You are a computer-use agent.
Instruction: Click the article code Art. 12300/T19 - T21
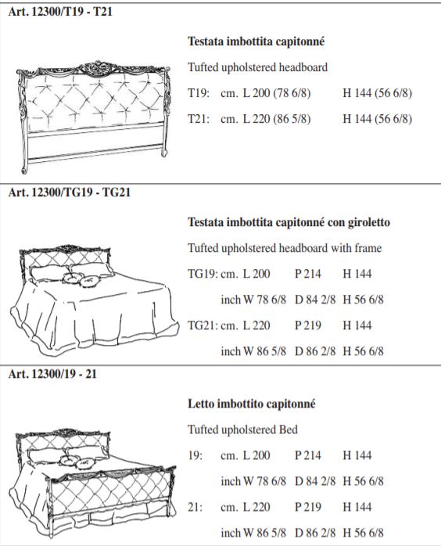(60, 12)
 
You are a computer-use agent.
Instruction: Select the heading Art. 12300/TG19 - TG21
(70, 192)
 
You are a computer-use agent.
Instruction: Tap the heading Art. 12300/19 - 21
(52, 374)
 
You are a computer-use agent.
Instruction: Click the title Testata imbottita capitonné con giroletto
(289, 222)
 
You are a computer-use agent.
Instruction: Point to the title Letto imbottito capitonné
(252, 404)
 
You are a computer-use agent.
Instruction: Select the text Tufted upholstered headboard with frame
(285, 248)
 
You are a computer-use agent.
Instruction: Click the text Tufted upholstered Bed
(242, 429)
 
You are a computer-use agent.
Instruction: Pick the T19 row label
(199, 93)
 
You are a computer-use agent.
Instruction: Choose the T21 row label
(199, 119)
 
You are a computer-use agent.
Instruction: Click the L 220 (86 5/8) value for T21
(277, 119)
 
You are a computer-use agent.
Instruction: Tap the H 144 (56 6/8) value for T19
(378, 93)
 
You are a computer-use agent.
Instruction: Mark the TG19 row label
(203, 274)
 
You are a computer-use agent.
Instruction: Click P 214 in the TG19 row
(308, 274)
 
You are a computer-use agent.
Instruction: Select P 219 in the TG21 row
(308, 325)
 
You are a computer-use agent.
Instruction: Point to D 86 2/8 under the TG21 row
(315, 351)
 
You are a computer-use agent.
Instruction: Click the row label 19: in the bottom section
(195, 455)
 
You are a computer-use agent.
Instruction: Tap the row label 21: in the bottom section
(195, 507)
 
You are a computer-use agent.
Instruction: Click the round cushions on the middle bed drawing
(80, 279)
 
